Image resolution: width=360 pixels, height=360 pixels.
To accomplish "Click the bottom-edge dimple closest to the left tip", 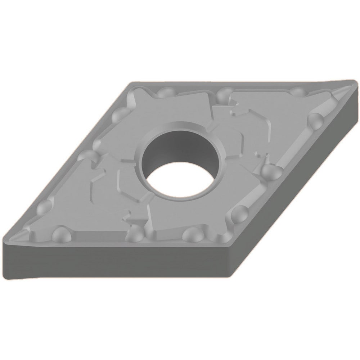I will [59, 234].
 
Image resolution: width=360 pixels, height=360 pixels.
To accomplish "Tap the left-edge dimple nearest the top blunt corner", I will [119, 115].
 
